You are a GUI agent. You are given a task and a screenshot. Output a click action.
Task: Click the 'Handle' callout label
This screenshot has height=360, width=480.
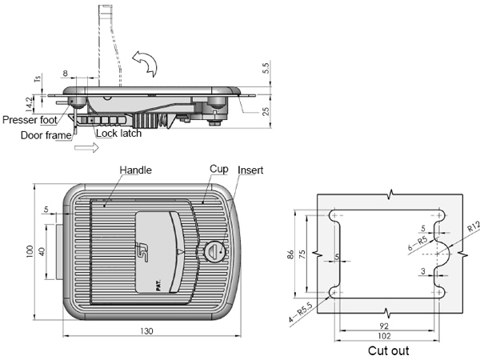point(136,170)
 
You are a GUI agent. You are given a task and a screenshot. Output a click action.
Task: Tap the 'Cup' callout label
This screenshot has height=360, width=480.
point(219,169)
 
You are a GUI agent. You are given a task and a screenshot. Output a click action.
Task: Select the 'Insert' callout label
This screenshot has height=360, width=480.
point(250,170)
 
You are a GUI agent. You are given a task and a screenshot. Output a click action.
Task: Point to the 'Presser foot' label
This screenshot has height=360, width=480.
point(30,120)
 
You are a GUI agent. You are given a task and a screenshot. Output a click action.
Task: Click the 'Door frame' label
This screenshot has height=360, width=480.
point(46,135)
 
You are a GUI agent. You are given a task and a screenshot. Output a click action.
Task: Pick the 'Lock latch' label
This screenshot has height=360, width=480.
point(118,133)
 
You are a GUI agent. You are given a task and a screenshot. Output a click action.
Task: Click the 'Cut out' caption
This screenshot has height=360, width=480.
point(389,350)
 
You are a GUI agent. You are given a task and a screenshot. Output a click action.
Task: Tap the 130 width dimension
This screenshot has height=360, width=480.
point(146,331)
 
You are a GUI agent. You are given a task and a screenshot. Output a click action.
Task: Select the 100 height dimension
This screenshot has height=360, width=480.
point(30,252)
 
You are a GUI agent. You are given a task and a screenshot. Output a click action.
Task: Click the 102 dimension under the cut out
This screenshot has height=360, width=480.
point(384,336)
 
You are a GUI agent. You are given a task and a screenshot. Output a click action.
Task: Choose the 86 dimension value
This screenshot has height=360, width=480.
point(290,254)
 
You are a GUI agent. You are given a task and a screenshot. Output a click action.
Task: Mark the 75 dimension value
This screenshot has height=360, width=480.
point(302,254)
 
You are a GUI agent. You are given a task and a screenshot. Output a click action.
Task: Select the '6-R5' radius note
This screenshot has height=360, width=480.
point(418,243)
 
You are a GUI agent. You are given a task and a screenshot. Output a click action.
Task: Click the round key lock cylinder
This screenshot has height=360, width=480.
point(215,251)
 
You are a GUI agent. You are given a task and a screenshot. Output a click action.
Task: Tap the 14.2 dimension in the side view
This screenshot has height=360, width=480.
point(29,104)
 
